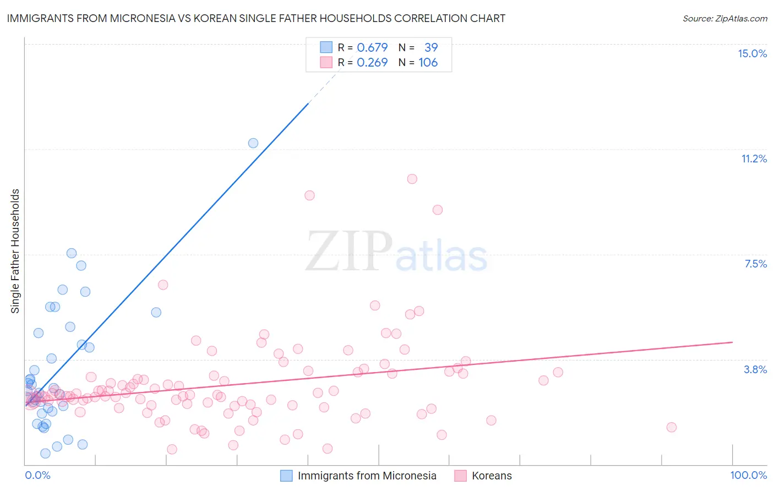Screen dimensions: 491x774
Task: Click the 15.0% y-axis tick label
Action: [752, 53]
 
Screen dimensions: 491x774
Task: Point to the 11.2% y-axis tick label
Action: [754, 159]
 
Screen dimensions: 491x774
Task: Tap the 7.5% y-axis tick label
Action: [755, 264]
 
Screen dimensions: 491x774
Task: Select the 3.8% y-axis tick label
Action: [755, 369]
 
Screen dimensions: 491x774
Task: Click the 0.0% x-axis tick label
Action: [37, 475]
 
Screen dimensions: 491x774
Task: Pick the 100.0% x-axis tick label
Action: [748, 475]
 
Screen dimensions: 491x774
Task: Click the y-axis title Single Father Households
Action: [15, 251]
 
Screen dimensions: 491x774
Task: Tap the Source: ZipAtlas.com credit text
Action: [724, 19]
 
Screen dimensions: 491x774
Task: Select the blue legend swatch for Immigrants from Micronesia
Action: [286, 476]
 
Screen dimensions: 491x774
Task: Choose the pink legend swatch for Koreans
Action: [460, 476]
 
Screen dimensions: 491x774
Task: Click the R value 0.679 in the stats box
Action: [372, 47]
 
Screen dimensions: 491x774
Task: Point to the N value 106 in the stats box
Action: [428, 63]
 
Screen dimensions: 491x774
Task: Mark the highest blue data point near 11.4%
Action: [253, 143]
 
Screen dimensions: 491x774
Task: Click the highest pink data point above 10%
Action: [412, 179]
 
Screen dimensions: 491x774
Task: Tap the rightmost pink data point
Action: [671, 427]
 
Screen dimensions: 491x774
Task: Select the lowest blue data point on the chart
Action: [46, 454]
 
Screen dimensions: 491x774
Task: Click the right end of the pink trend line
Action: [732, 342]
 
